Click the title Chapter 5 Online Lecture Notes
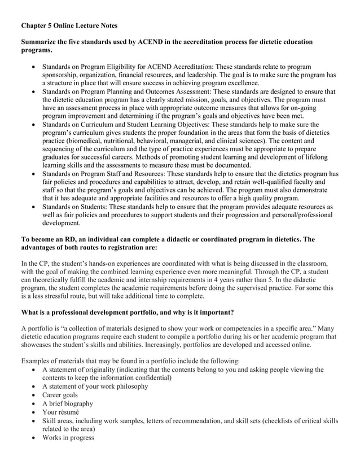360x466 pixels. point(69,26)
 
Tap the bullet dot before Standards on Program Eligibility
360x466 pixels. point(36,67)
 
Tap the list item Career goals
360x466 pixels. point(60,395)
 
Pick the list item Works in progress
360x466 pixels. point(68,437)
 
